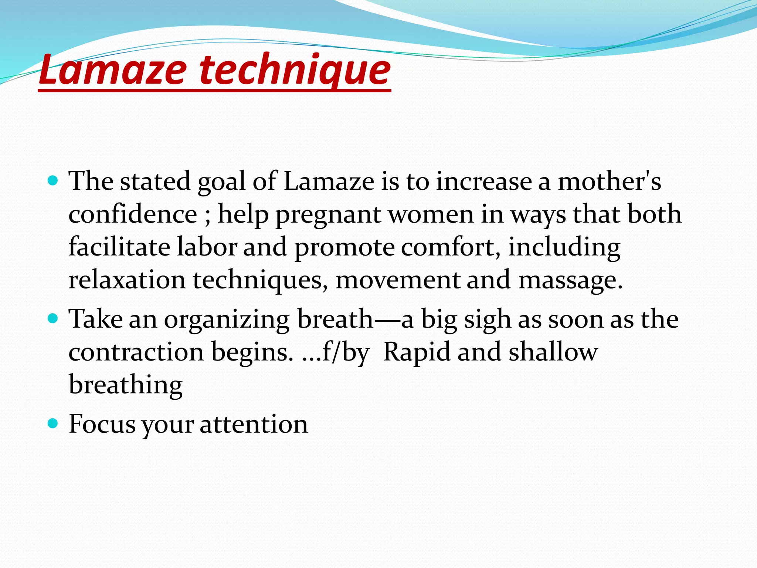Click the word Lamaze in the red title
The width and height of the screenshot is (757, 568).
click(x=113, y=70)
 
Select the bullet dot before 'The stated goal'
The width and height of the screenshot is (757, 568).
click(x=53, y=181)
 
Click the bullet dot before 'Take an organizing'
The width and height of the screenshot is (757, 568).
click(x=53, y=318)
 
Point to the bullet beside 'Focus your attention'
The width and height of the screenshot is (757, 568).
click(x=53, y=423)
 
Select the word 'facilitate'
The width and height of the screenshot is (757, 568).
click(x=119, y=247)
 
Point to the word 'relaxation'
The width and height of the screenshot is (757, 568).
click(x=127, y=280)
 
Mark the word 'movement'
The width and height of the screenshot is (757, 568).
click(x=397, y=280)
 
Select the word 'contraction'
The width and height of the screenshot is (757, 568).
click(x=136, y=352)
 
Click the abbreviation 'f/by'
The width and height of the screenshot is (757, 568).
click(x=345, y=352)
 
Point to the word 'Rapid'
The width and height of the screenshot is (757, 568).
click(x=416, y=352)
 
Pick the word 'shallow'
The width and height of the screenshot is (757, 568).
click(x=553, y=352)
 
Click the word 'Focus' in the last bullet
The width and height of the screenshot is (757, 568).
click(x=102, y=424)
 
